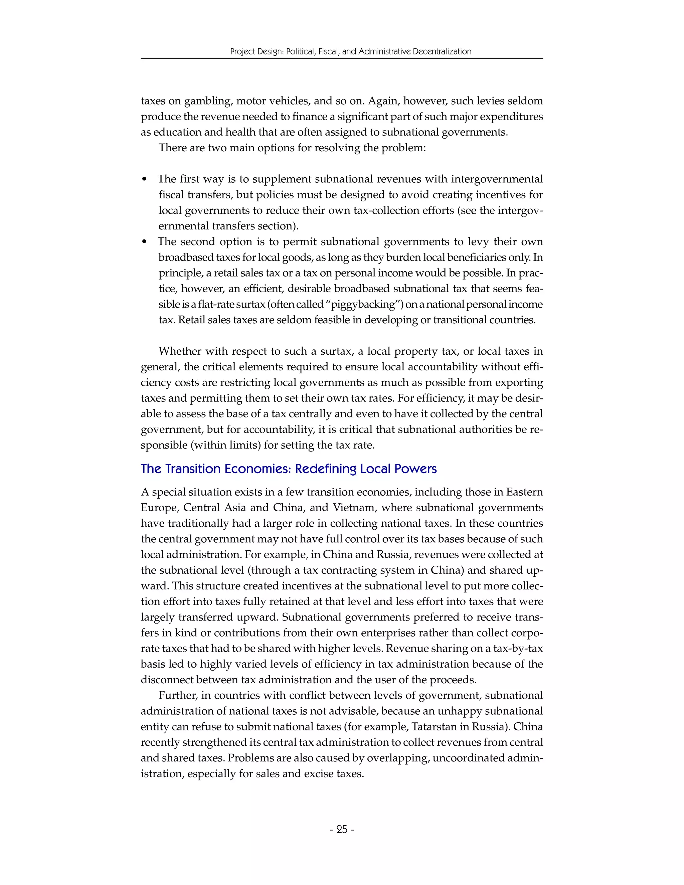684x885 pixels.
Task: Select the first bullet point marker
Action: point(145,180)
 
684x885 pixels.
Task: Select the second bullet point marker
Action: point(145,242)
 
